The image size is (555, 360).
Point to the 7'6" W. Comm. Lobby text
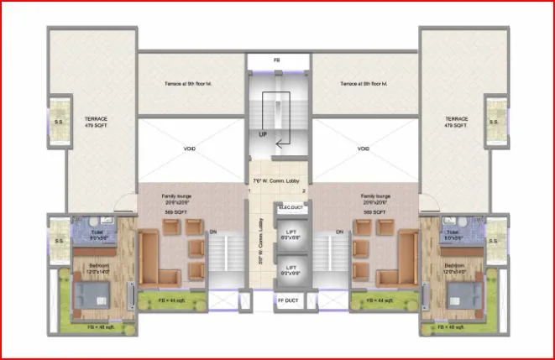tap(277, 181)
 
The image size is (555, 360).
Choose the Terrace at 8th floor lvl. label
tap(364, 84)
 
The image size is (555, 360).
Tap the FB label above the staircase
tap(277, 61)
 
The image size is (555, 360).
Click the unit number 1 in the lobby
tap(249, 192)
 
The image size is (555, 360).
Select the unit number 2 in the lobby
tap(304, 192)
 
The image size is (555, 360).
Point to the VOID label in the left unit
tap(190, 149)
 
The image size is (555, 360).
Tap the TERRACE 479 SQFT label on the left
tap(97, 123)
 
